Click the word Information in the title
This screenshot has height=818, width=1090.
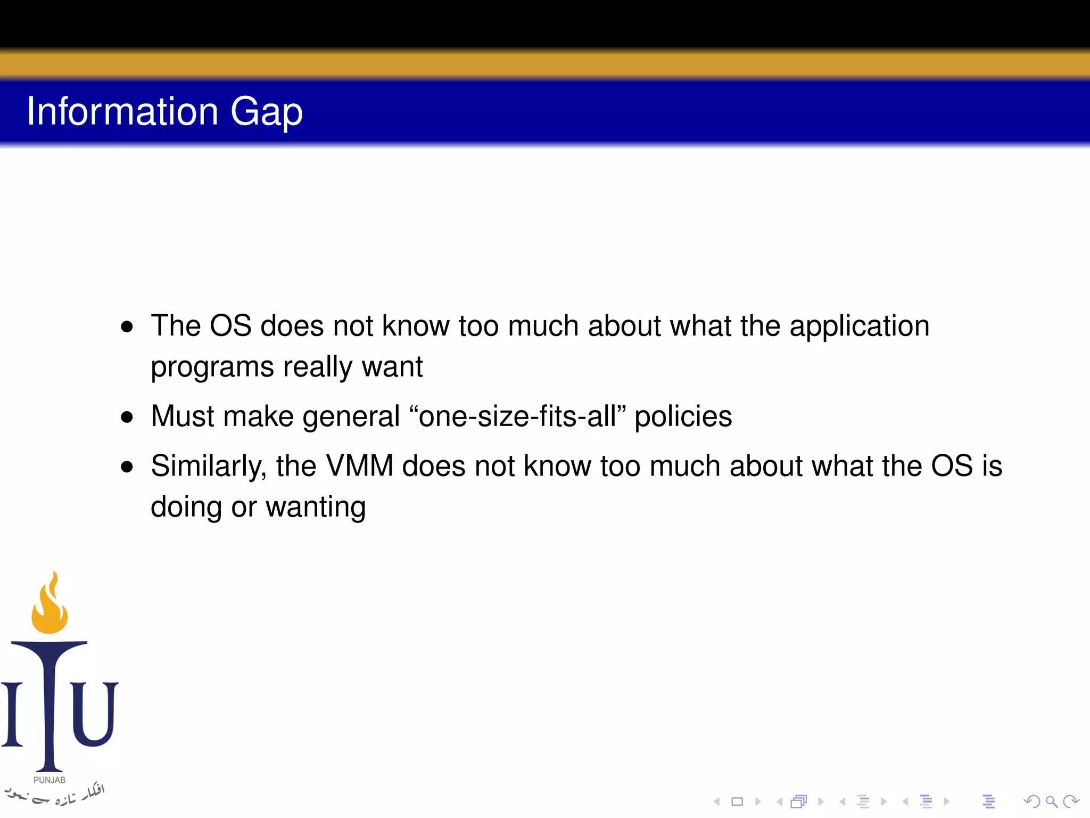point(122,111)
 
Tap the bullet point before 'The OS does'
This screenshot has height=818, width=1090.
point(127,326)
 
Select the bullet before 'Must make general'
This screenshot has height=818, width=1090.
point(127,417)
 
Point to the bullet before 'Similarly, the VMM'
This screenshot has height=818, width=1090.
point(127,467)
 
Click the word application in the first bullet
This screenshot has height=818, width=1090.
point(859,327)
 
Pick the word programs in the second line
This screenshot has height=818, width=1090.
point(212,368)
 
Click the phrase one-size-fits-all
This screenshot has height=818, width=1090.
point(517,416)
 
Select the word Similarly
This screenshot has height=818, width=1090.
point(208,467)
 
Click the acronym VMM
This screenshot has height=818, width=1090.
point(359,466)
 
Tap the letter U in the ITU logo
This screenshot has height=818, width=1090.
point(94,714)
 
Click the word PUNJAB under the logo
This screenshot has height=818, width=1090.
point(49,780)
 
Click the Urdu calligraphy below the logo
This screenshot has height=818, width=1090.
point(53,795)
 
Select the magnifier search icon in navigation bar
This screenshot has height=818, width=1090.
point(1051,801)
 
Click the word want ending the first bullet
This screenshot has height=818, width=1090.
point(392,367)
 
